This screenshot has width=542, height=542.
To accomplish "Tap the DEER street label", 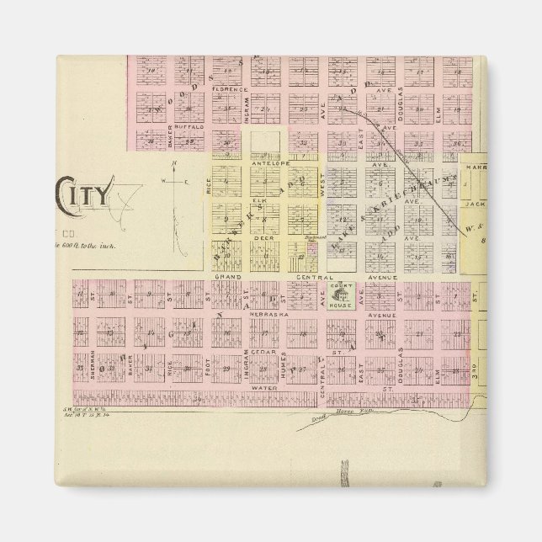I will (x=259, y=238).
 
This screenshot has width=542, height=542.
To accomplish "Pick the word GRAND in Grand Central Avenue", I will (x=228, y=276).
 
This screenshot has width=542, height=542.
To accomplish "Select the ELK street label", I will (x=259, y=200).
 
